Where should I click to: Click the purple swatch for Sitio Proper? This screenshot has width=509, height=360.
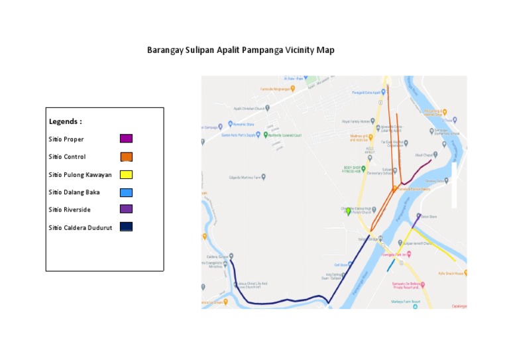[x=126, y=139]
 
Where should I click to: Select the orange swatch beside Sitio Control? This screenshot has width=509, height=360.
[x=126, y=156]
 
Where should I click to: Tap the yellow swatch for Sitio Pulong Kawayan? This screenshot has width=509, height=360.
[x=126, y=174]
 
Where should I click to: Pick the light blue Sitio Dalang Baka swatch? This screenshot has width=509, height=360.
[x=126, y=192]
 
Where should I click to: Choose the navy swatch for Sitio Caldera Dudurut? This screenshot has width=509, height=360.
[x=126, y=227]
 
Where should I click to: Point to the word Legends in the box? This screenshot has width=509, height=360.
[x=65, y=122]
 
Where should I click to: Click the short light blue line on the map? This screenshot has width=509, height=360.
[x=390, y=265]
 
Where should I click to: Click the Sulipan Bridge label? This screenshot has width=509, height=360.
[x=370, y=239]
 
